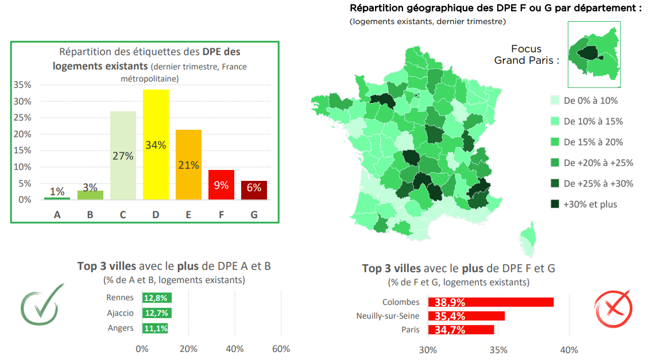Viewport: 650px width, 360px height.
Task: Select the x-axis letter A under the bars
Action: tap(57, 215)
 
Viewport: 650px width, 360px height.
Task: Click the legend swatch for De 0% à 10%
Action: tap(555, 100)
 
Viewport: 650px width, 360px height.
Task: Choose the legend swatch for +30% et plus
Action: tap(555, 204)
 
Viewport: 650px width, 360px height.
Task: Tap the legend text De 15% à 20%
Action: tap(593, 142)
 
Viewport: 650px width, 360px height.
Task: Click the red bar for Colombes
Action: tap(494, 302)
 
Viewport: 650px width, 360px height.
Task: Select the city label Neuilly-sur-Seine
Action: tap(388, 316)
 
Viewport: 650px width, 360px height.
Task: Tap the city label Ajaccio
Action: tap(120, 313)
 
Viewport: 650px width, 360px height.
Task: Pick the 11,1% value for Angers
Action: tap(155, 328)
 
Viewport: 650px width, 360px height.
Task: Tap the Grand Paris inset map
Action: tap(593, 55)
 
